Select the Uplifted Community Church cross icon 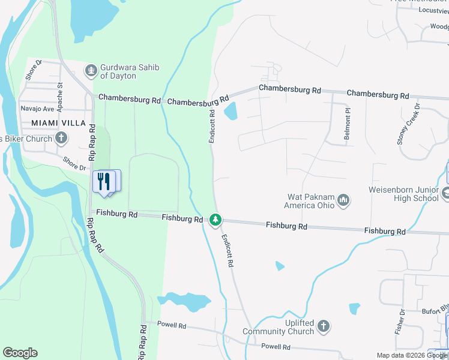coord(324,326)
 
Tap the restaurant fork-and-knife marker coord(104,181)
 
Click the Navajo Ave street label coord(37,109)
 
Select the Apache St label coord(60,94)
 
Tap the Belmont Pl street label coord(347,125)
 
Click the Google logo coord(20,353)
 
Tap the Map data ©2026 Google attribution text coord(412,355)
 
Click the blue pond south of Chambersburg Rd coord(231,111)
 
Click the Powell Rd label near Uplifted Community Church coord(276,347)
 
